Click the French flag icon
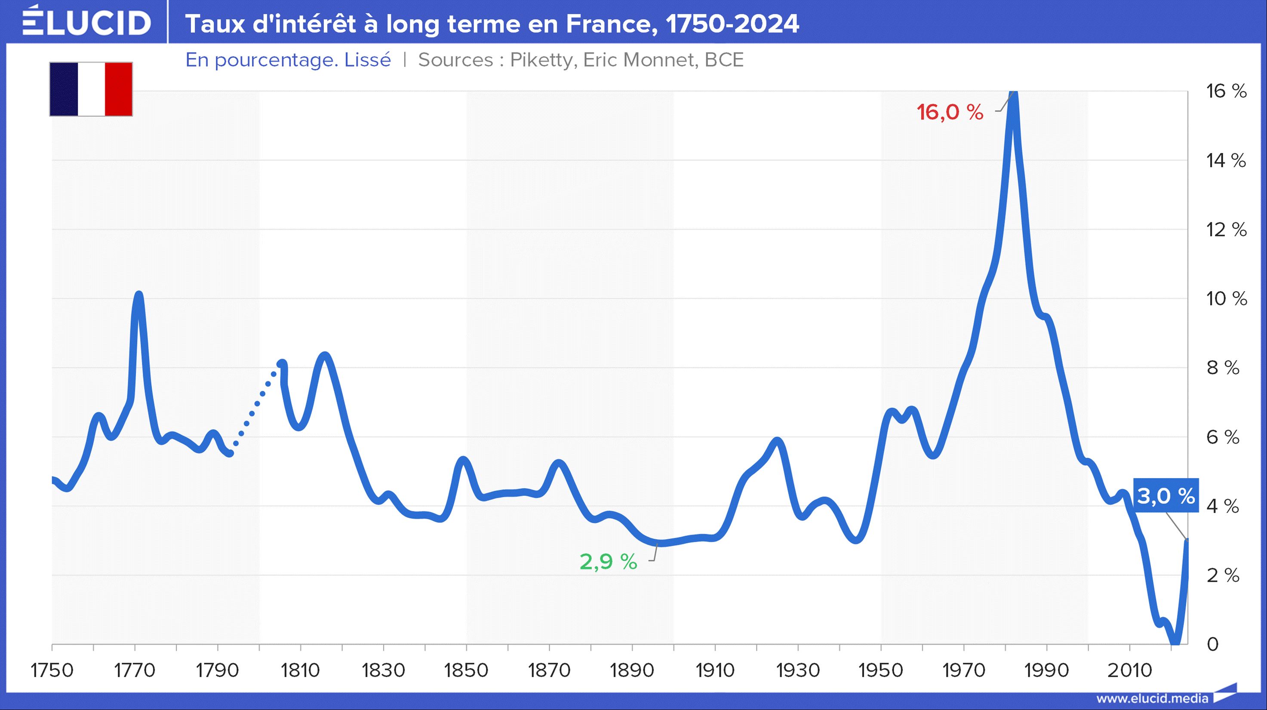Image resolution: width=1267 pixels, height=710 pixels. pyautogui.click(x=91, y=89)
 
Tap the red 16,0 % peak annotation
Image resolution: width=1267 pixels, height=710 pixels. pyautogui.click(x=950, y=113)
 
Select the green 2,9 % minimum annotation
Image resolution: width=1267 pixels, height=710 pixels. pyautogui.click(x=608, y=562)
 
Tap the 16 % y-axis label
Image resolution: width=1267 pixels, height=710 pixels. pyautogui.click(x=1226, y=92)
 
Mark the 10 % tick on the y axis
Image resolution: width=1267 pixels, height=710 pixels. pyautogui.click(x=1226, y=299)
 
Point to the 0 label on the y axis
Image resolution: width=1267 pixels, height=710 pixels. pyautogui.click(x=1213, y=645)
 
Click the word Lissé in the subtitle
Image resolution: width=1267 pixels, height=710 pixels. pyautogui.click(x=367, y=60)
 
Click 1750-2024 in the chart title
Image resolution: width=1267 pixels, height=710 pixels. pyautogui.click(x=732, y=24)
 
